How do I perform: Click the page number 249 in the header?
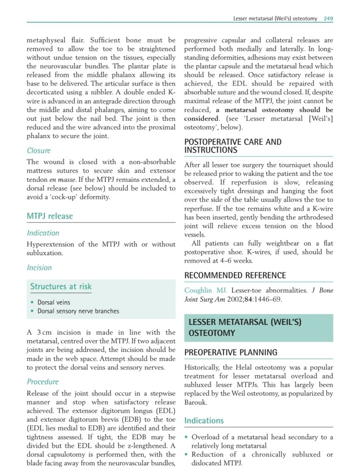point(328,19)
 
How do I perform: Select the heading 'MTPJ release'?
point(50,216)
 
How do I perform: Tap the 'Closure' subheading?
point(39,151)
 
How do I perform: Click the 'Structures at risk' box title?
point(61,286)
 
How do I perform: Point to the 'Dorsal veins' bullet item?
point(54,302)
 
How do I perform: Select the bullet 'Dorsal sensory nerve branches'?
point(78,311)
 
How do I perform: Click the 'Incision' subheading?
point(39,268)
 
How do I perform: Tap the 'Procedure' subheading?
point(43,382)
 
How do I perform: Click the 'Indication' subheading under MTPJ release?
point(43,233)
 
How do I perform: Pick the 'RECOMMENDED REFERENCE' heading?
point(235,275)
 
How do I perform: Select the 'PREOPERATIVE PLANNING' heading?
point(231,352)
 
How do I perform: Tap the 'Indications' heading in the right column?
point(204,421)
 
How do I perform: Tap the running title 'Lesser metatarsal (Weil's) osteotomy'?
point(275,19)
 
